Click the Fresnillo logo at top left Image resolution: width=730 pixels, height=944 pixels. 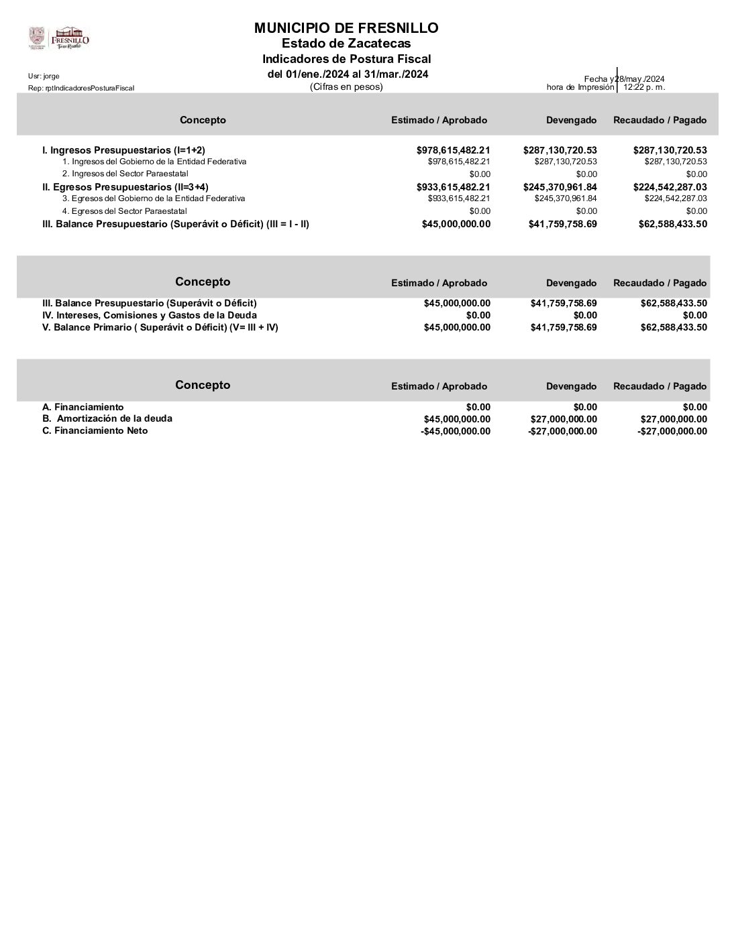(x=59, y=38)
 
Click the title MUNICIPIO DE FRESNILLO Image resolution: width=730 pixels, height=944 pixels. (x=346, y=28)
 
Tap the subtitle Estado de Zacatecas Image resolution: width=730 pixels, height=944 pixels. (x=346, y=44)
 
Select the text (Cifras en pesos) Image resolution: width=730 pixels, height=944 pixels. (x=346, y=86)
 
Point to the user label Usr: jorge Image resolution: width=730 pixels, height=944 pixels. (x=44, y=76)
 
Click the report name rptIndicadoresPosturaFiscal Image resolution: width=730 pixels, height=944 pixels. (x=81, y=88)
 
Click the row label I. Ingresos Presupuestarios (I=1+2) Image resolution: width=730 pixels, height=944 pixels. (x=123, y=150)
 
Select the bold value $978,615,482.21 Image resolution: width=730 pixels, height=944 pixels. (x=453, y=150)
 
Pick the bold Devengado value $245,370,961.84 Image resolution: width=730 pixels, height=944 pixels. (x=560, y=187)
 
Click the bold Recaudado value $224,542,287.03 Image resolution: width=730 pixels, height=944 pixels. (x=670, y=187)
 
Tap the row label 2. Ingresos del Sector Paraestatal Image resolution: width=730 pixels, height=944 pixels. (x=125, y=174)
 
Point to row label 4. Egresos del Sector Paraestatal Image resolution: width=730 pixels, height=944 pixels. (x=125, y=211)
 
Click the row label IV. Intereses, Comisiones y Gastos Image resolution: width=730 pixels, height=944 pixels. (x=149, y=315)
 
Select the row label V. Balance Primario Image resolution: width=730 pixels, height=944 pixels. (x=160, y=327)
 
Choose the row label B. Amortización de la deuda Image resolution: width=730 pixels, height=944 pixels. (x=107, y=418)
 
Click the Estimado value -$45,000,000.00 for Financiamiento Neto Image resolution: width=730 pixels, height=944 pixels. (x=456, y=431)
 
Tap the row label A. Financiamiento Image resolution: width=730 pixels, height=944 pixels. (x=83, y=407)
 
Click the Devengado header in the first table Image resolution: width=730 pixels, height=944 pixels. (x=571, y=120)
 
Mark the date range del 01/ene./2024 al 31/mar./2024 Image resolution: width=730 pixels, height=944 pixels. (x=348, y=74)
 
